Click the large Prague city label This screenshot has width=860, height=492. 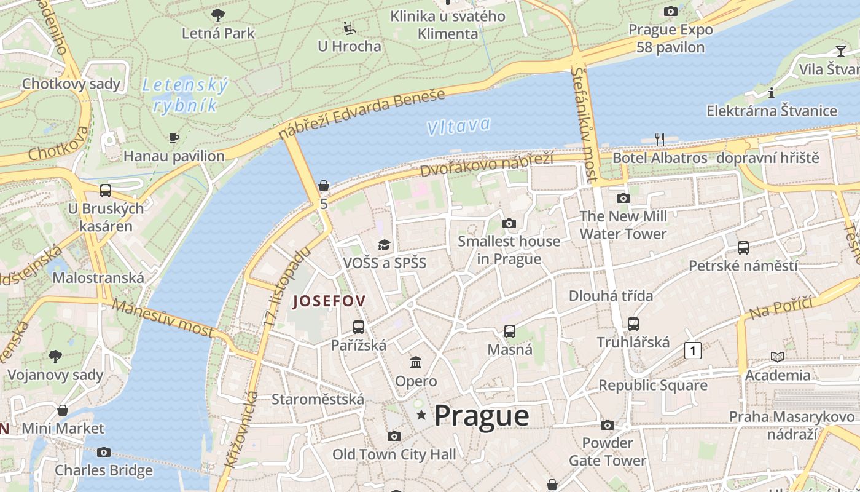[481, 416]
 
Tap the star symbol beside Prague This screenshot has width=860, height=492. [421, 416]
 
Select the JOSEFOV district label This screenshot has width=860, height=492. [329, 301]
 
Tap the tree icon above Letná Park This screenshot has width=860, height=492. [217, 15]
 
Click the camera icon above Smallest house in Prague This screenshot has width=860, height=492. [509, 223]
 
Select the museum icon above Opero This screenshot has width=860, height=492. [416, 362]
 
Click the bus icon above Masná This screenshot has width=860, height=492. [509, 331]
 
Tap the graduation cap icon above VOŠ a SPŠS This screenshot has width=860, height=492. [384, 245]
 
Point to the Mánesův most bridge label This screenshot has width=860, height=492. [163, 318]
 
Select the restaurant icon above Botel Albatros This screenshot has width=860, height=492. [660, 140]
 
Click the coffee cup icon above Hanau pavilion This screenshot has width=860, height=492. [174, 138]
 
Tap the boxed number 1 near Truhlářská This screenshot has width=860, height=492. [692, 351]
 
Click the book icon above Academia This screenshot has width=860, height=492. [777, 357]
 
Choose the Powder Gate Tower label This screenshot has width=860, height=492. [607, 451]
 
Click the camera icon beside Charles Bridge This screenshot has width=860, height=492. [104, 453]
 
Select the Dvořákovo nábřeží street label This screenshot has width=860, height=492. [487, 165]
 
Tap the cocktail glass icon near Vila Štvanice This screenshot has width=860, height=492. [840, 50]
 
